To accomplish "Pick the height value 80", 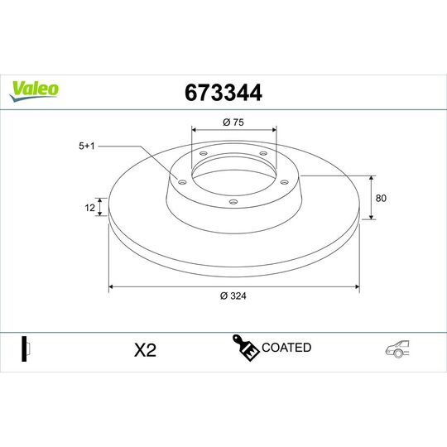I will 382,198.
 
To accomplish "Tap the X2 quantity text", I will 145,350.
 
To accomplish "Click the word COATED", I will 286,348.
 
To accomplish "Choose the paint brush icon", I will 245,348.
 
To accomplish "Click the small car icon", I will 398,350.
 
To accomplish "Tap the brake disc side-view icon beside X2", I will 26,348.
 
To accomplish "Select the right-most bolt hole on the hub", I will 284,183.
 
